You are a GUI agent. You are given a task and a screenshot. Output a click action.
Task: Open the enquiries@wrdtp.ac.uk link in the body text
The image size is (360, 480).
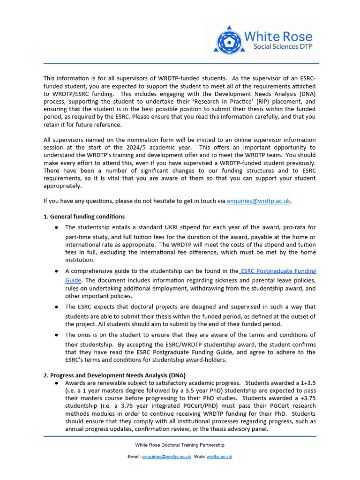tap(259, 201)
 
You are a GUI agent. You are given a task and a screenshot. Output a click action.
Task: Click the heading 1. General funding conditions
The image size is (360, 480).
tap(84, 217)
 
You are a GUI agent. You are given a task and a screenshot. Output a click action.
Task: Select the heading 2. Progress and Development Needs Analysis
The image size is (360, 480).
tap(114, 375)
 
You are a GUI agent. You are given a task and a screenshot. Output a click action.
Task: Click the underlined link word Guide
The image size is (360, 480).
tap(74, 280)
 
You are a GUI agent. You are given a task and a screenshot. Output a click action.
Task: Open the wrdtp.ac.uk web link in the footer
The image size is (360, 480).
tap(219, 457)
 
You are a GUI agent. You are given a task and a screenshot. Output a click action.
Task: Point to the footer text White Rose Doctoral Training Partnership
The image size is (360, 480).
tap(180, 445)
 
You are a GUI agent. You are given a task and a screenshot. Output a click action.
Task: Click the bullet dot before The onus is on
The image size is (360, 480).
tap(56, 335)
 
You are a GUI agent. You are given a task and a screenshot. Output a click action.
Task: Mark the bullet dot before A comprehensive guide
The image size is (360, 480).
tap(56, 271)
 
